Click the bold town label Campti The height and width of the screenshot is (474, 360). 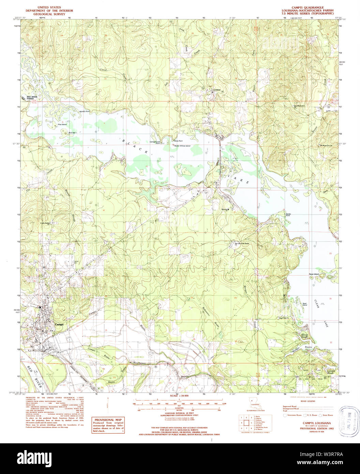click(x=59, y=325)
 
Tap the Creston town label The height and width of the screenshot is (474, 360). click(x=217, y=90)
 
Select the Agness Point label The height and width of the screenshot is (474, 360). click(x=84, y=112)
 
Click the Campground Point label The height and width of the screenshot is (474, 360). click(x=155, y=143)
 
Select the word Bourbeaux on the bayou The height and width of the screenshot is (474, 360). click(x=139, y=363)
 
